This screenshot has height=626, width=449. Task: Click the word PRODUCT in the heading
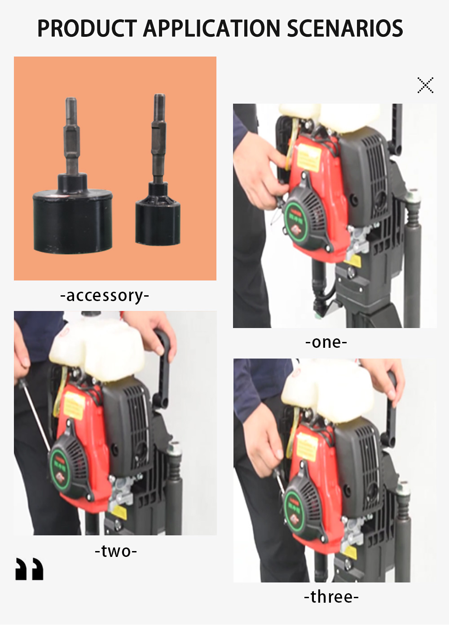tap(87, 28)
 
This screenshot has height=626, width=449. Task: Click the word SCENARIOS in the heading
tap(345, 28)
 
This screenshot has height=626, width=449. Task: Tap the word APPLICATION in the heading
tap(211, 28)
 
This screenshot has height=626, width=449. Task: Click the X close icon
tap(425, 85)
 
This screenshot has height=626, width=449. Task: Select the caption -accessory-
tap(105, 296)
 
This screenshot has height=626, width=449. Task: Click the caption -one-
tap(326, 342)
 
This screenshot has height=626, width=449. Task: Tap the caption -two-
tap(115, 551)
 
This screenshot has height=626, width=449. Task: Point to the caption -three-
tap(331, 597)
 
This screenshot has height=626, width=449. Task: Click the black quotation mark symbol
tap(30, 569)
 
